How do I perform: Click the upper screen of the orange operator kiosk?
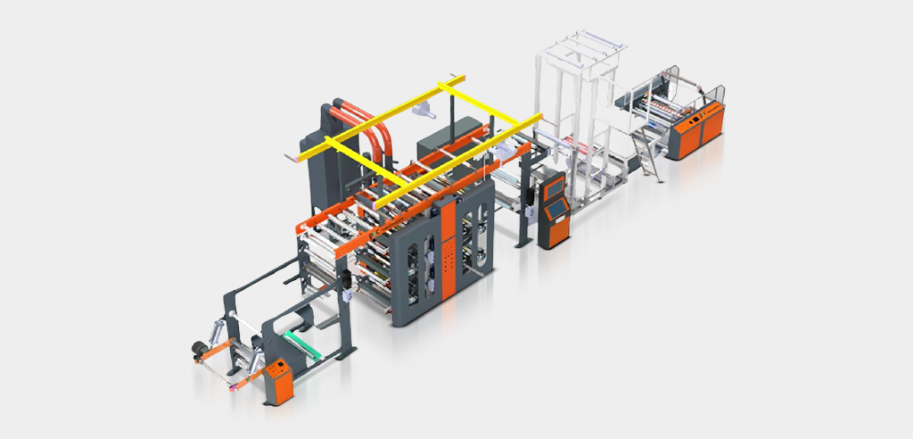553,186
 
